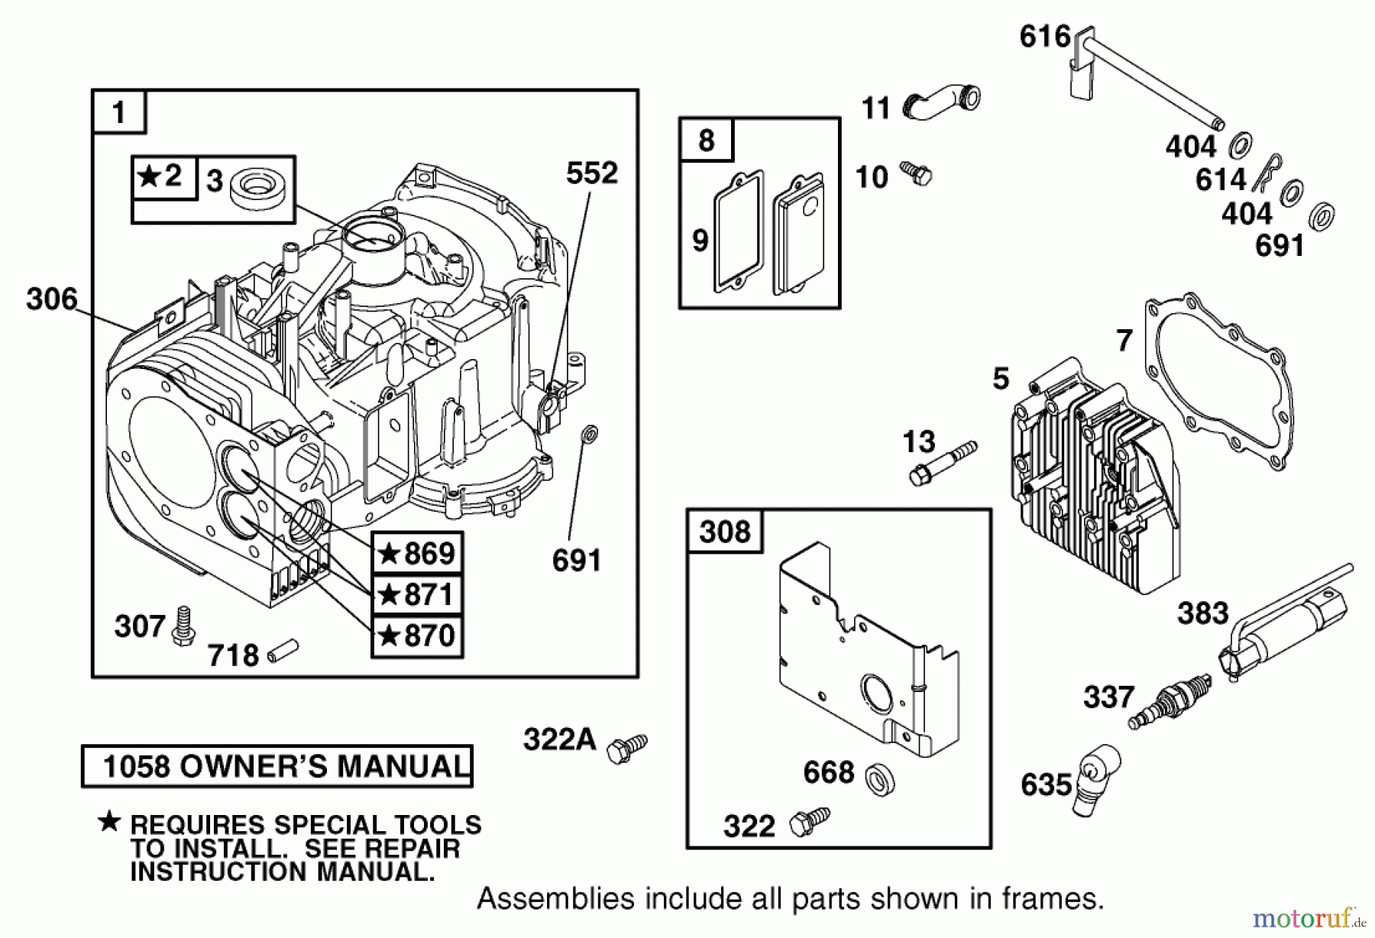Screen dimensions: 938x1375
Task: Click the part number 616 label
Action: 1044,36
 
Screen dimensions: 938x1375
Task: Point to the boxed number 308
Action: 724,531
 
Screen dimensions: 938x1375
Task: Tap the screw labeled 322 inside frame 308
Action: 809,822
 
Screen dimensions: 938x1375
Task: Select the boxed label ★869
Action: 417,553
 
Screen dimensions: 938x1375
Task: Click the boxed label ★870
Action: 417,636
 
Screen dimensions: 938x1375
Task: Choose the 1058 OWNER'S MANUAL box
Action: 277,766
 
